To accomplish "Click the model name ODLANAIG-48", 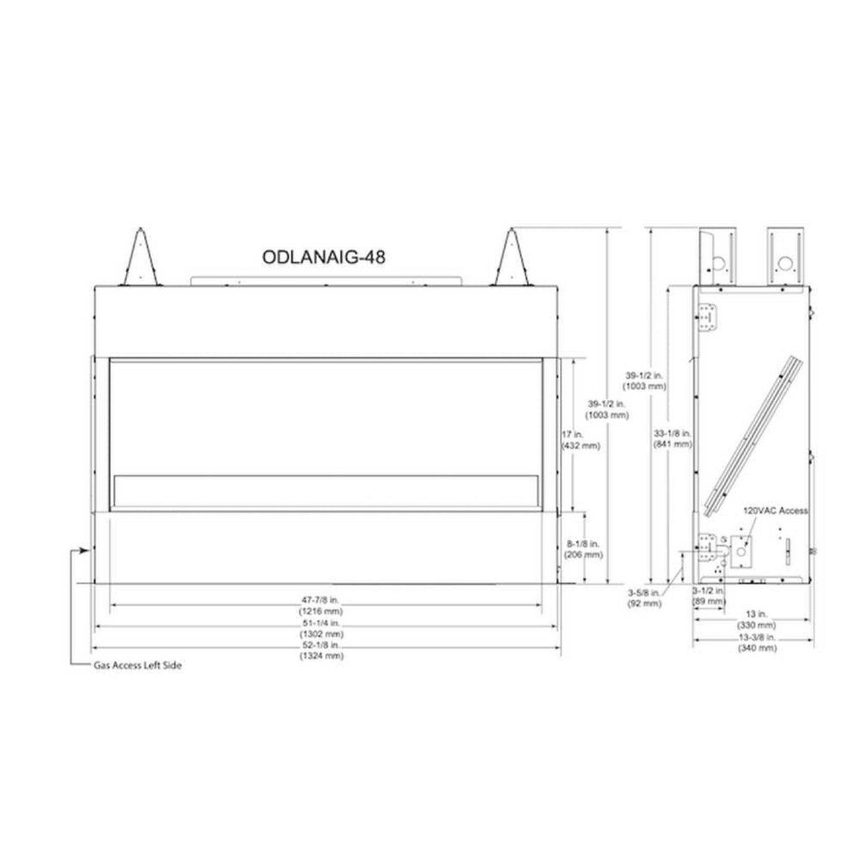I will pyautogui.click(x=323, y=256).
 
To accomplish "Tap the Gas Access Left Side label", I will pyautogui.click(x=137, y=665).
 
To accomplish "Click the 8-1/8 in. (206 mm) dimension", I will pyautogui.click(x=583, y=549).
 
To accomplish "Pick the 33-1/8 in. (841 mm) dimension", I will pyautogui.click(x=672, y=438).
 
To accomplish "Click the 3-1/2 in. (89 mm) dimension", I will pyautogui.click(x=709, y=596).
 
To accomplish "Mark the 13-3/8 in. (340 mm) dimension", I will pyautogui.click(x=756, y=643).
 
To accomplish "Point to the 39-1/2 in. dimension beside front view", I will pyautogui.click(x=607, y=410).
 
